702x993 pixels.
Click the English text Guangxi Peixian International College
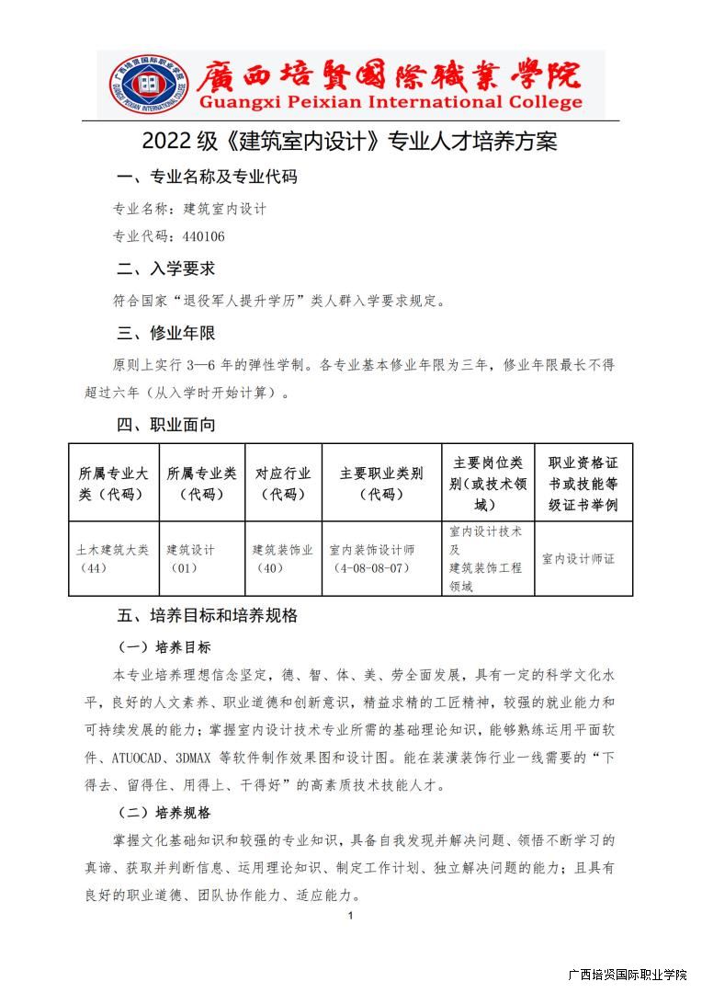pos(391,102)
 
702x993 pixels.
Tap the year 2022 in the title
pos(165,142)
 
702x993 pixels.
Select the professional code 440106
pos(203,236)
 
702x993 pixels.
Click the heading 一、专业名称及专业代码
pos(207,177)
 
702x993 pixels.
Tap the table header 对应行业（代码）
pos(283,484)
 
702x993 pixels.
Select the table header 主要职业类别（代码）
pos(381,484)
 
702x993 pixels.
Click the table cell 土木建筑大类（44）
pos(113,558)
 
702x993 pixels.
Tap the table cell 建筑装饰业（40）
pos(283,558)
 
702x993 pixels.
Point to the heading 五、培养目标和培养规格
pos(207,615)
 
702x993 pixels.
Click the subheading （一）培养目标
pos(164,646)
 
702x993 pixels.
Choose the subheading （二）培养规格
pos(164,813)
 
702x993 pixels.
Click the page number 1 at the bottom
pos(351,916)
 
